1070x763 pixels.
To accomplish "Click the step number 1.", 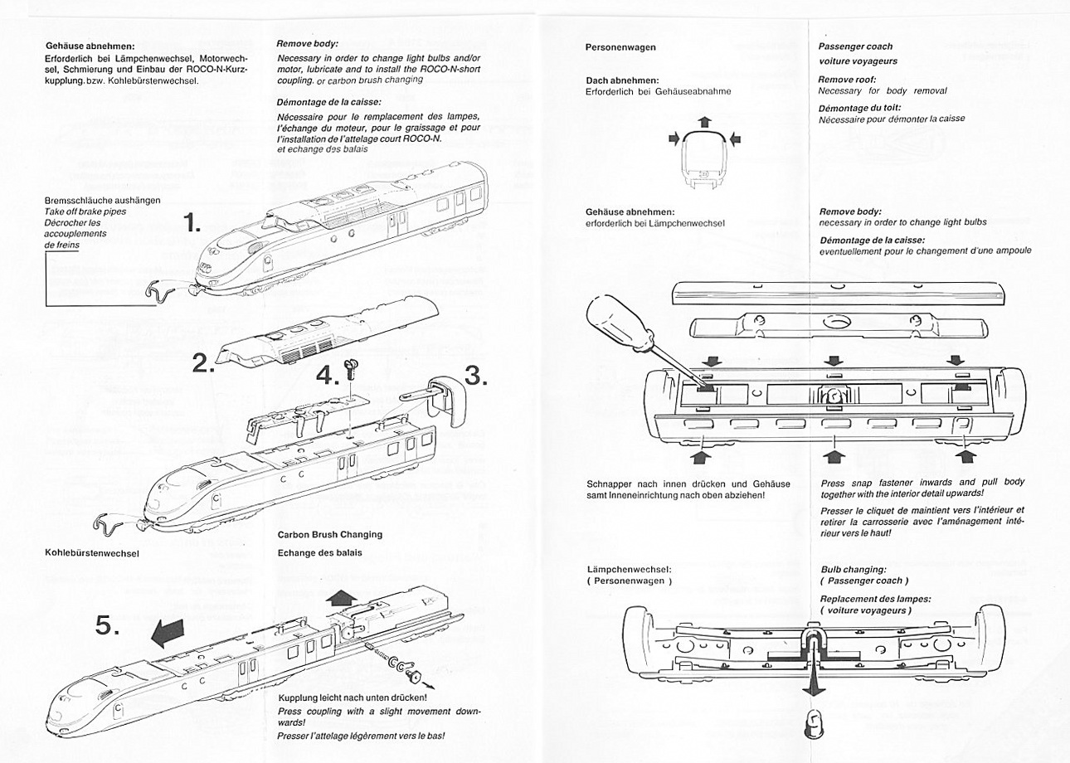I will click(x=192, y=223).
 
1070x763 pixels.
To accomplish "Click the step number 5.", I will click(x=108, y=627).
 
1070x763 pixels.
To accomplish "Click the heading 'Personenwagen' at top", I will click(x=620, y=47).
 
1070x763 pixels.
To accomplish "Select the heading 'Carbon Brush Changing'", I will click(x=329, y=535).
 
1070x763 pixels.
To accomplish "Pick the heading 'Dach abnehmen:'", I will click(x=622, y=80).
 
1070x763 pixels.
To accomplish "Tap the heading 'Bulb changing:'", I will click(x=854, y=570).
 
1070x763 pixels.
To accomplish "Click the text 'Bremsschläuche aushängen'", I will click(x=104, y=201).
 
